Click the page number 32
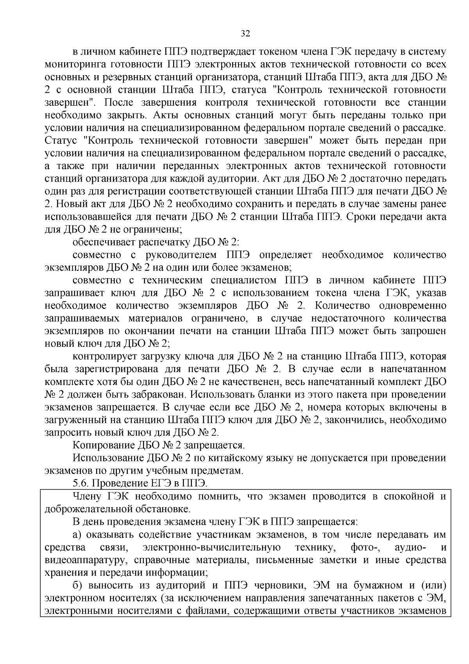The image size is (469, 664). [245, 33]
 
